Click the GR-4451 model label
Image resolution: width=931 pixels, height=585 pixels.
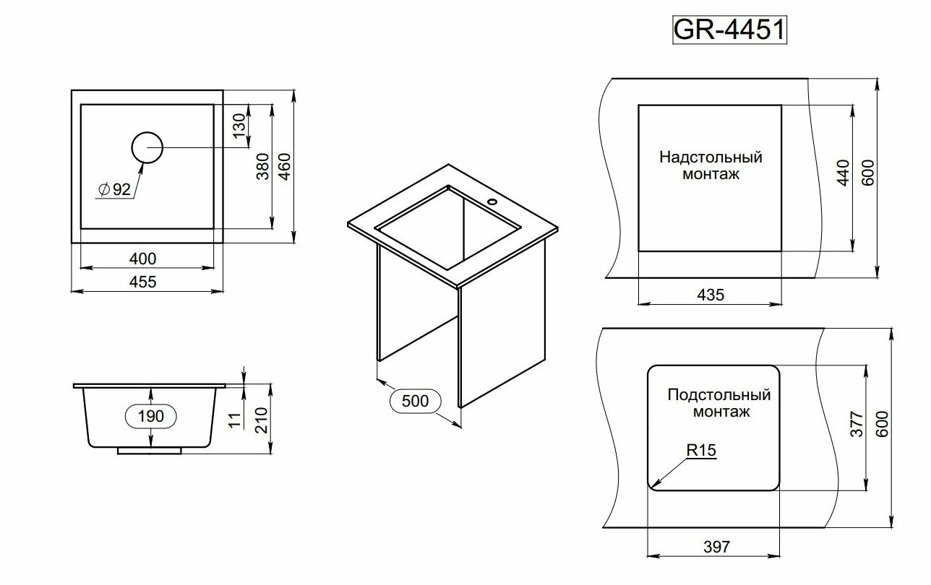coord(729,31)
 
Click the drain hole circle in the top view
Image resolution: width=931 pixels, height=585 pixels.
coord(147,148)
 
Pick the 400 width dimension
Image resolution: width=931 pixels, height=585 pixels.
coord(143,258)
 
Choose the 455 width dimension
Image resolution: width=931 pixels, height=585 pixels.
coord(143,282)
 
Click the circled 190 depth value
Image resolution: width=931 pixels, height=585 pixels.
coord(150,416)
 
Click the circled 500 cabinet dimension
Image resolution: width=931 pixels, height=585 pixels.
coord(415,401)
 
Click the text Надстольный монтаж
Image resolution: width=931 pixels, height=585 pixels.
coord(711,165)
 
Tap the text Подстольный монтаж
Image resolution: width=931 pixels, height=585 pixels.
coord(719,404)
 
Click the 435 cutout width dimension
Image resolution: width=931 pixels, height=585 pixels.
coord(710,294)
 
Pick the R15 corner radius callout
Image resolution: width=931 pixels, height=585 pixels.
coord(701,451)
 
